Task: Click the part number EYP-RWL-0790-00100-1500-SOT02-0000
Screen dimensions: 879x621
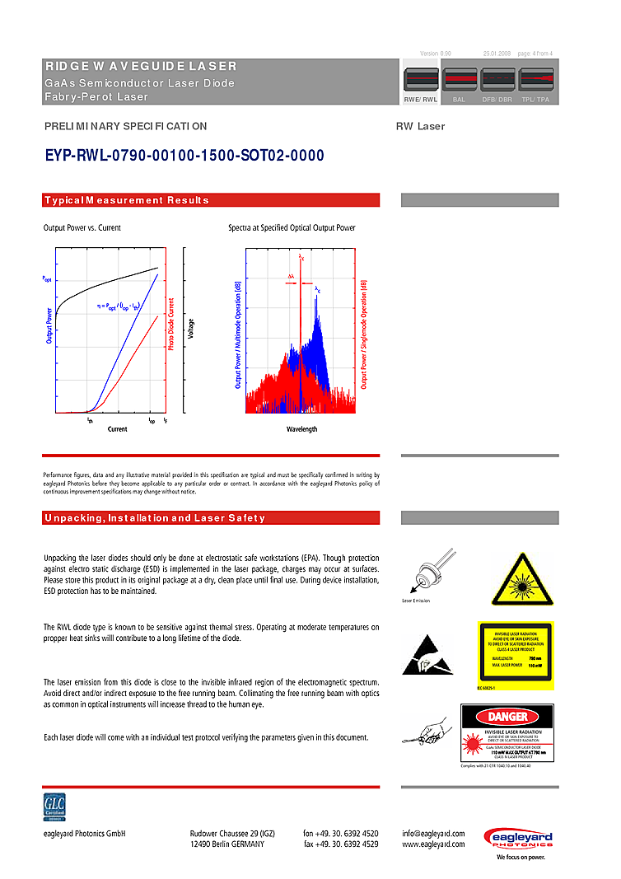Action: tap(184, 156)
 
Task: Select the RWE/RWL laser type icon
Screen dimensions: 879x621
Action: tap(420, 81)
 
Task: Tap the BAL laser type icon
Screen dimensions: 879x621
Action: tap(459, 81)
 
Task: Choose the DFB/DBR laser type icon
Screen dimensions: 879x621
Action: tap(497, 81)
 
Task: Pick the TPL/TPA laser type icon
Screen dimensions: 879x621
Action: tap(536, 81)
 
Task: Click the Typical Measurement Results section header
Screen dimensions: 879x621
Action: tap(127, 200)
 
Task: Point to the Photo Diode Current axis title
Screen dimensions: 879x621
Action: tap(171, 325)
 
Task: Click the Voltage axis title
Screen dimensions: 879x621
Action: tap(191, 329)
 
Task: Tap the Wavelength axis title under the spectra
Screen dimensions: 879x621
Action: tap(301, 429)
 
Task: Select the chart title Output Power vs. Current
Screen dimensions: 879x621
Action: tap(82, 227)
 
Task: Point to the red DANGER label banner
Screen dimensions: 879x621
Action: tap(507, 718)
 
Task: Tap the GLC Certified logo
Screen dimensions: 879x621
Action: tap(55, 808)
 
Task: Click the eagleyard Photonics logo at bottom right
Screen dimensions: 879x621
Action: tap(517, 843)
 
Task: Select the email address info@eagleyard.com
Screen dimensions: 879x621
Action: tap(433, 834)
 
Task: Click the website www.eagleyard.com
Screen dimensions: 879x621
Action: tap(433, 844)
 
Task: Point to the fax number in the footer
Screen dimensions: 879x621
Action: tap(341, 844)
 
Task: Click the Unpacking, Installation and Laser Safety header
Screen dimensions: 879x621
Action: tap(155, 518)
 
